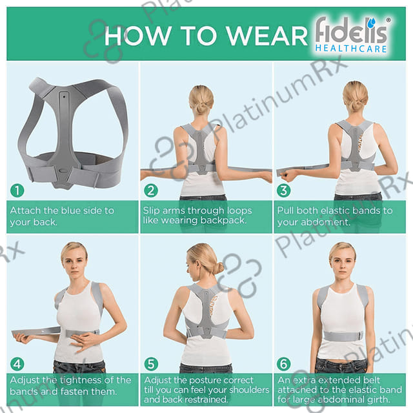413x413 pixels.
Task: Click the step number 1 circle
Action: [17, 190]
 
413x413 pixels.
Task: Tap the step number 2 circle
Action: [151, 190]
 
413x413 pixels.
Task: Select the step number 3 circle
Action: [284, 190]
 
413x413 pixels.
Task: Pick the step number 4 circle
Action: [17, 364]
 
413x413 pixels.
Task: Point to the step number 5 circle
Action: [151, 364]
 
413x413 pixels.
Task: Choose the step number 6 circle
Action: [284, 364]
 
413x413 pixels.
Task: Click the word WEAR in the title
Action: [267, 36]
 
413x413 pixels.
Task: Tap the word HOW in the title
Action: [137, 36]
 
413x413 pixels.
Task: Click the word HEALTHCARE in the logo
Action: [351, 49]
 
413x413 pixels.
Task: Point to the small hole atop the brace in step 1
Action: [64, 97]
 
